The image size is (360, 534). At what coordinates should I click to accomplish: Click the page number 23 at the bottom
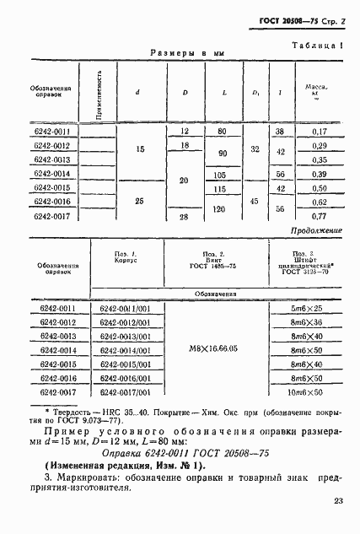[337, 502]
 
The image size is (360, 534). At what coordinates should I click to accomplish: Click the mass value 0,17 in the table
[319, 132]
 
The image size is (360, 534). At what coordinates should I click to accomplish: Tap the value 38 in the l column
[279, 132]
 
